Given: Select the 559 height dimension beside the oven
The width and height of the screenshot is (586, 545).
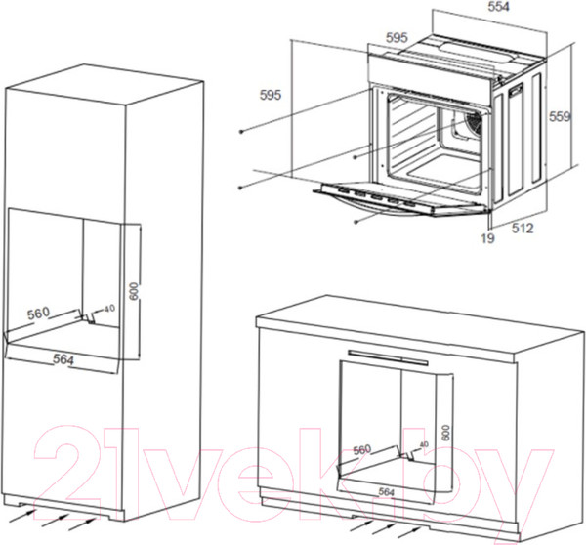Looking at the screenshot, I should point(558,116).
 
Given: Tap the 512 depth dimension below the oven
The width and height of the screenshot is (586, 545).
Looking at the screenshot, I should point(520,231).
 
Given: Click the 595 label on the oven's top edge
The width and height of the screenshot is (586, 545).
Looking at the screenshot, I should point(397,38).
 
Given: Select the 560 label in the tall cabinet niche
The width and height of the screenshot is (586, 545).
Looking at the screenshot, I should point(39,314).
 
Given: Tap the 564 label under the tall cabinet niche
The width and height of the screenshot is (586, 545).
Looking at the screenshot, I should point(64,358).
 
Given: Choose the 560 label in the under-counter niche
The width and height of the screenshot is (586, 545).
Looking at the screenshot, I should point(362,449).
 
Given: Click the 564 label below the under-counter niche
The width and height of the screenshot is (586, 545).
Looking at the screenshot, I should point(389,493).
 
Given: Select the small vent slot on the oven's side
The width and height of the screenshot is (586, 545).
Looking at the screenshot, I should point(514,94).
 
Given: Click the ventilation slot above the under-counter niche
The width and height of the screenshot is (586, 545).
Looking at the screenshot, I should point(388,354).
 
